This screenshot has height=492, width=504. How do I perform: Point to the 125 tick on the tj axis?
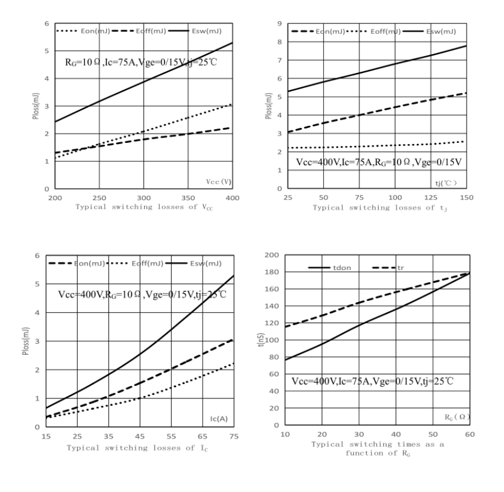pyautogui.click(x=431, y=198)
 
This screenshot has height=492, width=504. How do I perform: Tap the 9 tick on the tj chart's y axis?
pyautogui.click(x=280, y=24)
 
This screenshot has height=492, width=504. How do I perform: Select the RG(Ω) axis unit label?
pyautogui.click(x=456, y=416)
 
